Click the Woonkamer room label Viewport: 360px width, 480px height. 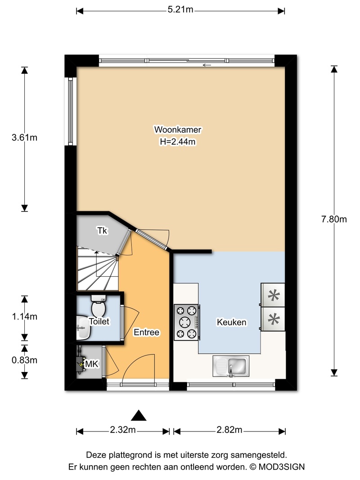pyautogui.click(x=178, y=130)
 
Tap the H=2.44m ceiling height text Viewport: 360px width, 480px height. pyautogui.click(x=178, y=142)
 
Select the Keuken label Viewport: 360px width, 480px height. pyautogui.click(x=231, y=322)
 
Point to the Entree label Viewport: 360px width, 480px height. pyautogui.click(x=146, y=332)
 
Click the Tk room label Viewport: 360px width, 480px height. pyautogui.click(x=102, y=230)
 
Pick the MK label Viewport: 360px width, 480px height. pyautogui.click(x=91, y=364)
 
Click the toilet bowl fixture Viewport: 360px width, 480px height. pyautogui.click(x=98, y=306)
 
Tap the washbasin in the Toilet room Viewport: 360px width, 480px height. pyautogui.click(x=83, y=327)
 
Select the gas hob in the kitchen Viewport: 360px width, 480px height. pyautogui.click(x=186, y=323)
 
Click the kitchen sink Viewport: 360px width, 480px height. pyautogui.click(x=231, y=366)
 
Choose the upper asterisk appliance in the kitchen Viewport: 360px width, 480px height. pyautogui.click(x=273, y=296)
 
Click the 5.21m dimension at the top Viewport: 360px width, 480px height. pyautogui.click(x=180, y=9)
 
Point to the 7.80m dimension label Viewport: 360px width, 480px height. pyautogui.click(x=334, y=219)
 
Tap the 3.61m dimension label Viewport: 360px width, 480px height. pyautogui.click(x=24, y=138)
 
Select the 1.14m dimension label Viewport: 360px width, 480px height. pyautogui.click(x=24, y=317)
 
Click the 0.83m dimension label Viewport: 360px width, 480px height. pyautogui.click(x=24, y=360)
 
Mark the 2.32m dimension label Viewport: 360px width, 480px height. pyautogui.click(x=123, y=430)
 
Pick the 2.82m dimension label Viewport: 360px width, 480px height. pyautogui.click(x=229, y=430)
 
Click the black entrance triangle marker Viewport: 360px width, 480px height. pyautogui.click(x=139, y=416)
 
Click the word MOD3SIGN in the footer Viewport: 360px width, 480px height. pyautogui.click(x=282, y=467)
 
